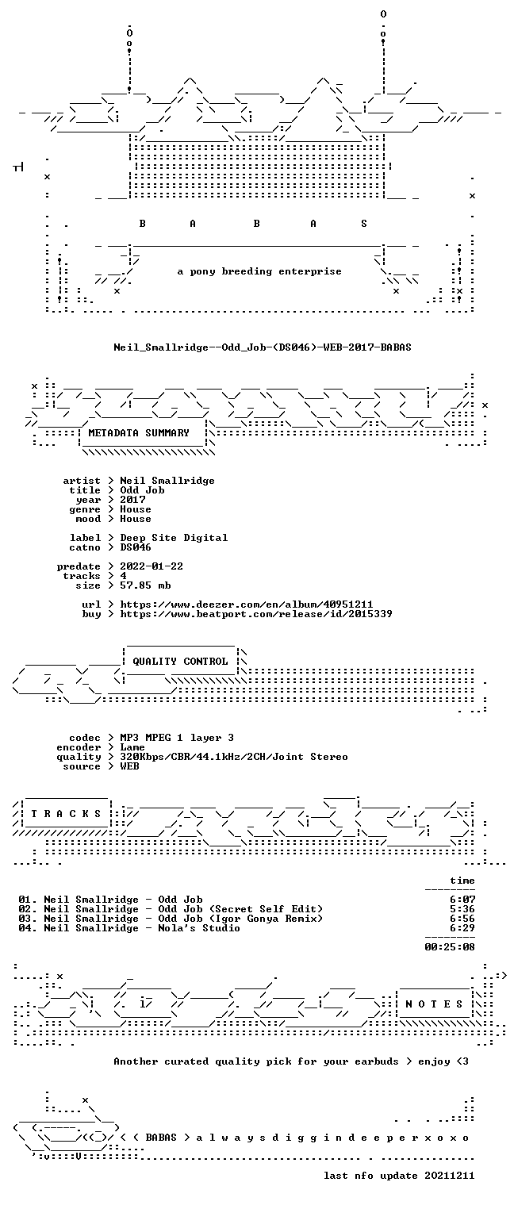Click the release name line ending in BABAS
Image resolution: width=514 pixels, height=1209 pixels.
pyautogui.click(x=263, y=347)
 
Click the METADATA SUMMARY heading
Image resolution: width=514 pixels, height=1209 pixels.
pyautogui.click(x=139, y=433)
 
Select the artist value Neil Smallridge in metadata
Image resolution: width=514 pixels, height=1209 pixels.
pyautogui.click(x=167, y=481)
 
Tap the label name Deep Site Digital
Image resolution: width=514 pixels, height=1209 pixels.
pyautogui.click(x=174, y=538)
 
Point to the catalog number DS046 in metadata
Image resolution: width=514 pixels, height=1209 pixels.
pyautogui.click(x=136, y=547)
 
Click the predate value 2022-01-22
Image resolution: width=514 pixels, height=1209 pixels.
pyautogui.click(x=152, y=566)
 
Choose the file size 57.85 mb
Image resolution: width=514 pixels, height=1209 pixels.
pyautogui.click(x=145, y=585)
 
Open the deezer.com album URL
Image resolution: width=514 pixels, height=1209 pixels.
pyautogui.click(x=246, y=604)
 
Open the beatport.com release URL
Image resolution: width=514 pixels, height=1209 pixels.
pyautogui.click(x=256, y=614)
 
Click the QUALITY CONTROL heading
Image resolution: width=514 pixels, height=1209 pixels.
pyautogui.click(x=180, y=661)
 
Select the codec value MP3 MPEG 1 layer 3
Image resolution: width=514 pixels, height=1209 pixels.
pyautogui.click(x=177, y=738)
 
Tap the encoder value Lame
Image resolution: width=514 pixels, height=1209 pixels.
pyautogui.click(x=132, y=747)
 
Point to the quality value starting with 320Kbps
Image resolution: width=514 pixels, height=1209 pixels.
pyautogui.click(x=234, y=757)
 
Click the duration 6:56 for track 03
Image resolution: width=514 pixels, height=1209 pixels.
pyautogui.click(x=462, y=919)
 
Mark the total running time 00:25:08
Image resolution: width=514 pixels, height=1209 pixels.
pyautogui.click(x=450, y=946)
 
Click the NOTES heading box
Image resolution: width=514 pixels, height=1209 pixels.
pyautogui.click(x=434, y=1004)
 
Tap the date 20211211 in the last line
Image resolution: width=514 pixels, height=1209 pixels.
pyautogui.click(x=450, y=1176)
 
